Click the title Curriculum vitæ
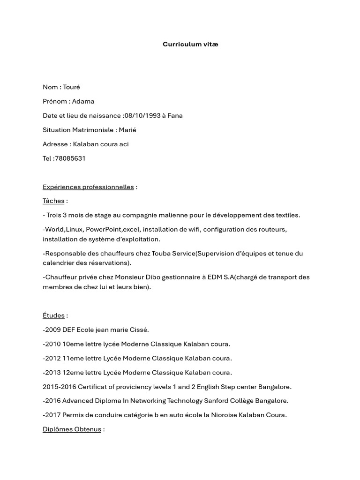190,45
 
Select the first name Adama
83,101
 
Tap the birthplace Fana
175,116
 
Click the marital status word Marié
127,130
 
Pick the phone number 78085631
70,158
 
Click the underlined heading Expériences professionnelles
88,187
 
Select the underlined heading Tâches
53,201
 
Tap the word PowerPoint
103,229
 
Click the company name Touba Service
173,254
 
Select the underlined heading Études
53,315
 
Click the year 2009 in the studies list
53,330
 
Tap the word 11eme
73,359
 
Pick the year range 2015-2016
59,387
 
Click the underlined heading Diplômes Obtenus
72,429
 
